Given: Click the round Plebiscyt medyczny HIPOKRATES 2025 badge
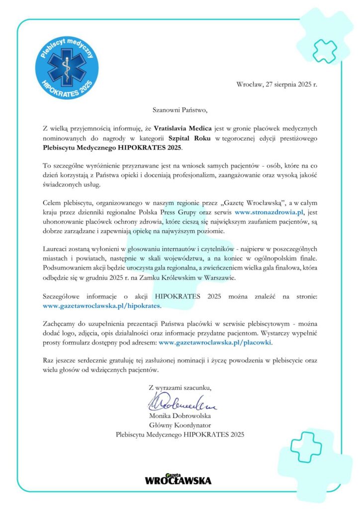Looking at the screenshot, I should (66, 66).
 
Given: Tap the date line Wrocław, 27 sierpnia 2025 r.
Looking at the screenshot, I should (277, 85).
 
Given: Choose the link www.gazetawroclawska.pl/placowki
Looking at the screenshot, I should (216, 343).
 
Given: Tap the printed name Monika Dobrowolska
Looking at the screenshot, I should (180, 416).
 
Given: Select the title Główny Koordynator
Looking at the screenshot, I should (180, 425).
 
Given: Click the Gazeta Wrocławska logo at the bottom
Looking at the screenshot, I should (178, 479).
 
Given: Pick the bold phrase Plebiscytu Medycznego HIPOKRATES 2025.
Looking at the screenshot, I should (112, 148).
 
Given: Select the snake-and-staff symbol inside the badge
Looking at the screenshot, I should (66, 68).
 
